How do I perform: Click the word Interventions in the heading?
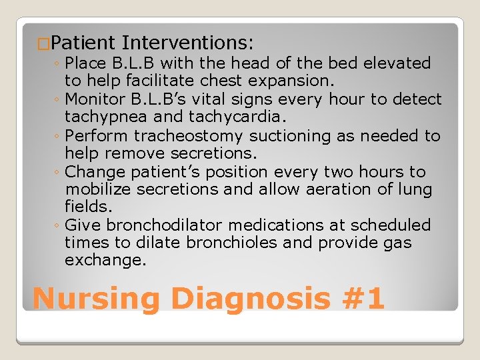coord(187,43)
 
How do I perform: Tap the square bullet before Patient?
coord(43,44)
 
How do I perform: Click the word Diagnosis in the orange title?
coord(250,298)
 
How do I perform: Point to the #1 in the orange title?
coord(361,298)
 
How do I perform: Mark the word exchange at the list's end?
coord(105,261)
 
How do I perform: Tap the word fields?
coord(86,207)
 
